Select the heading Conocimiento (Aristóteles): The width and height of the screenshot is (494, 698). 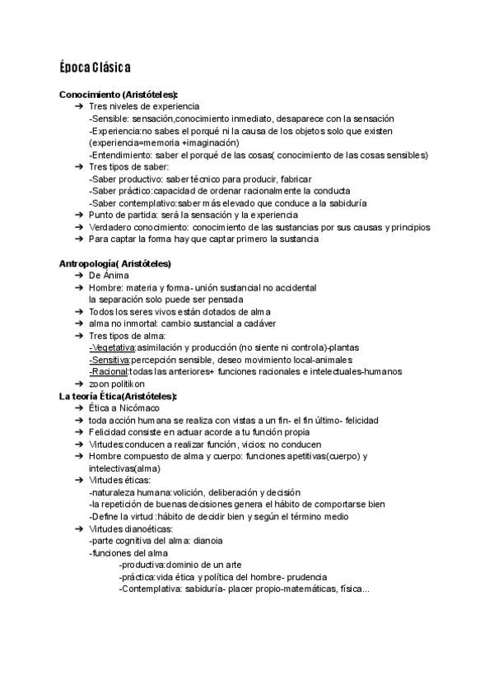click(x=119, y=95)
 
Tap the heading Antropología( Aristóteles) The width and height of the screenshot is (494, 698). click(x=115, y=263)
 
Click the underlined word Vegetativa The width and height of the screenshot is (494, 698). click(x=112, y=347)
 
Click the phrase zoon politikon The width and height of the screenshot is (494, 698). click(x=116, y=384)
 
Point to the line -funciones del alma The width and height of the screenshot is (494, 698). click(x=128, y=553)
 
